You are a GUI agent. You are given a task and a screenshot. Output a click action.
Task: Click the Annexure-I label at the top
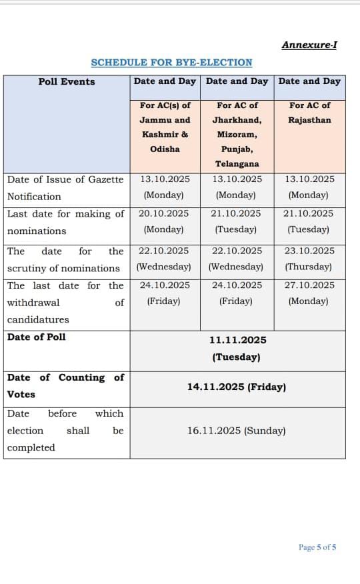point(309,45)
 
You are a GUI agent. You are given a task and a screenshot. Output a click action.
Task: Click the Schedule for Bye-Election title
point(171,62)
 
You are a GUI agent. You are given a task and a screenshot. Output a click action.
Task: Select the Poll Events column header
point(67,81)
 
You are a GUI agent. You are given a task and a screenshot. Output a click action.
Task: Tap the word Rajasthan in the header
point(310,120)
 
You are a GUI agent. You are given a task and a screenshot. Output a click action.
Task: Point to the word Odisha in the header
point(165,149)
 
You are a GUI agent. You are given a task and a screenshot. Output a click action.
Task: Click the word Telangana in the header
point(237,163)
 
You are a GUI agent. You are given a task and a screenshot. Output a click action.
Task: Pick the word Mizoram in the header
point(237,134)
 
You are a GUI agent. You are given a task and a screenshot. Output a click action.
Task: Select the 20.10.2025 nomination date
point(163,213)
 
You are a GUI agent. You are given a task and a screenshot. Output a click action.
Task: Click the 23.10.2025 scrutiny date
point(309,251)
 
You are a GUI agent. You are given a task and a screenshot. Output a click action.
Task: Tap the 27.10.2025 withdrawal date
point(309,285)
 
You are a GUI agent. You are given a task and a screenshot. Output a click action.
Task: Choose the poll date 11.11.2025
point(237,340)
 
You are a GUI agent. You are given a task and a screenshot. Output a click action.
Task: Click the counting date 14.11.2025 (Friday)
point(237,387)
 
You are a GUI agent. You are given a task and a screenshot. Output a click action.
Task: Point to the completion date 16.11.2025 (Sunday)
point(237,431)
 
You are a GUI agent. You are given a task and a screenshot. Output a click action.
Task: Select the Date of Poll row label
point(37,337)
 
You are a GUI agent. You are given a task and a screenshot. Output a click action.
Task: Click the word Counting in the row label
point(81,377)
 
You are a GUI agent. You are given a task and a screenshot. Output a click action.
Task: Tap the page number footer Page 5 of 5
point(317,547)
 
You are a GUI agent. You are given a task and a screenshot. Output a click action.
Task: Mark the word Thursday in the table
point(309,267)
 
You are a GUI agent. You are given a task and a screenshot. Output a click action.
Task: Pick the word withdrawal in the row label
point(33,302)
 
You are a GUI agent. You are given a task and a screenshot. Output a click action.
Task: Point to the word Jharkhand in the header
point(237,120)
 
